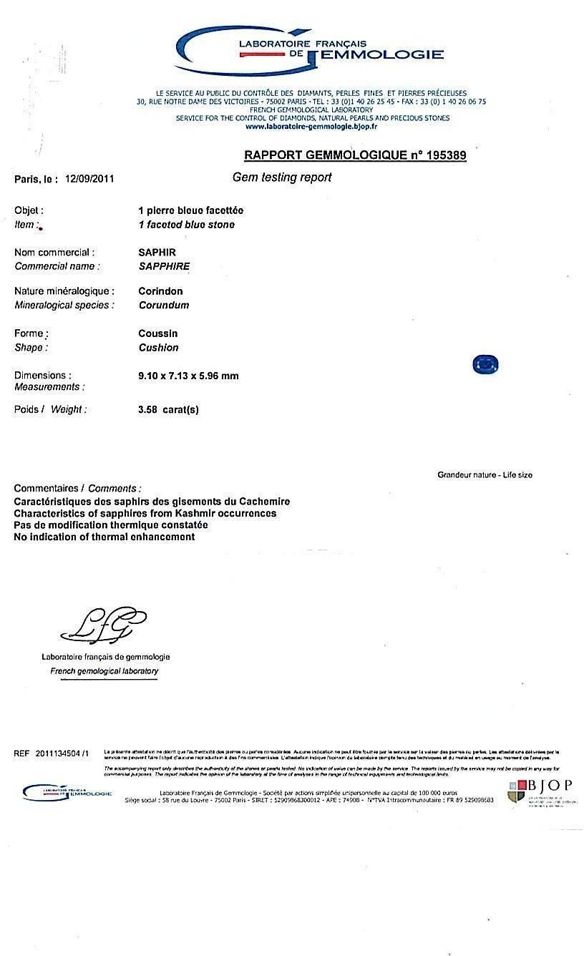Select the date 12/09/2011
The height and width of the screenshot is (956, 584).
click(x=89, y=179)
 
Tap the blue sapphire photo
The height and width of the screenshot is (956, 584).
click(x=485, y=365)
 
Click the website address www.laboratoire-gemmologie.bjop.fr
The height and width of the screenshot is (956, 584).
click(x=311, y=127)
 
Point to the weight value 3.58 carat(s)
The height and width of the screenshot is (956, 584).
click(x=168, y=410)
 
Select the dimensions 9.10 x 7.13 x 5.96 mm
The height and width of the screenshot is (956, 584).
click(x=188, y=376)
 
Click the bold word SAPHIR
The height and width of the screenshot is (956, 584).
click(x=157, y=253)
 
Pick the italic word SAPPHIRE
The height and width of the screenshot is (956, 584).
click(x=164, y=266)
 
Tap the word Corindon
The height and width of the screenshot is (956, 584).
click(x=160, y=291)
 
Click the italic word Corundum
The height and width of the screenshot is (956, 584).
click(x=164, y=305)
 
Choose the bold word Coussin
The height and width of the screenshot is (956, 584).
click(x=157, y=333)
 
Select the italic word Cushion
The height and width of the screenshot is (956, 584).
click(x=159, y=348)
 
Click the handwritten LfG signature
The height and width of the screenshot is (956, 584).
click(x=104, y=625)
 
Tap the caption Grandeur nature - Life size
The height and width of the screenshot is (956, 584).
click(x=485, y=475)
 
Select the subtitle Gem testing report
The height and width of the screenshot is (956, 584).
click(x=282, y=177)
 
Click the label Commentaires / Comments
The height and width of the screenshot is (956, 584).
click(x=77, y=488)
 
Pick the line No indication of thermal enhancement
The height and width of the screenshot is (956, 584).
click(x=104, y=537)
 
